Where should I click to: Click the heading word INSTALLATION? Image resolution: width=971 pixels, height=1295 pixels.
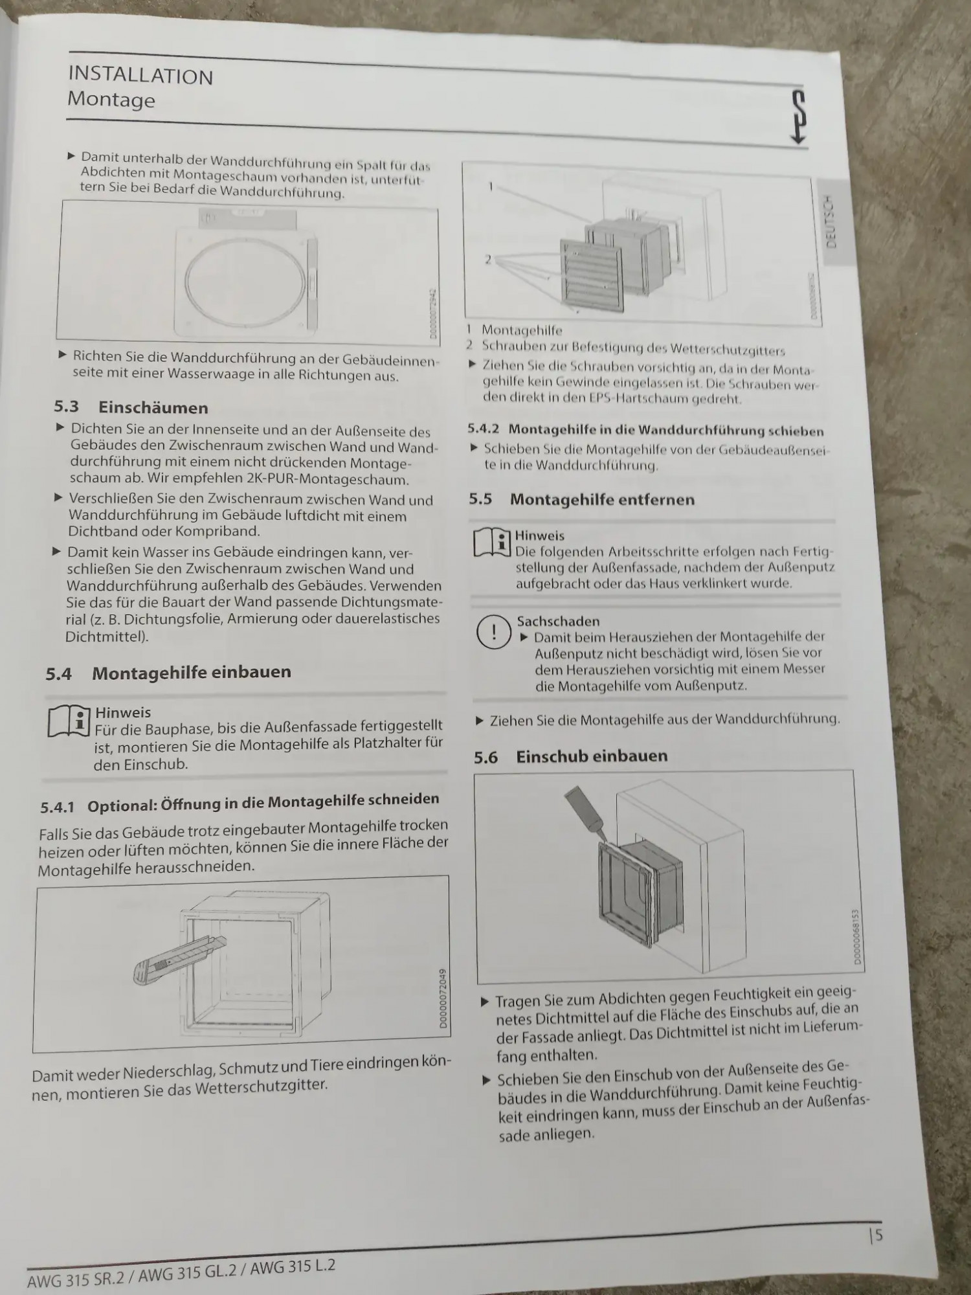140,75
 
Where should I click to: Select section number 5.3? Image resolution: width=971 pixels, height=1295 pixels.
67,406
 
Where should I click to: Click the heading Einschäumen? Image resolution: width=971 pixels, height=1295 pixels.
153,407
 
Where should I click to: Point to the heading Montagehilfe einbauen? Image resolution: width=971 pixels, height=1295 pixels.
192,672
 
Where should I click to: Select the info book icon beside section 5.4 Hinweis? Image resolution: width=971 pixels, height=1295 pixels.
69,721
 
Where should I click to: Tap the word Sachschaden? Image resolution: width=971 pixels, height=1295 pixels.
558,621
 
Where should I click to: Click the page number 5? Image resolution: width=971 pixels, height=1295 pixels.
878,1235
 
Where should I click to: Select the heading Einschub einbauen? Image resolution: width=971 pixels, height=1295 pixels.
592,756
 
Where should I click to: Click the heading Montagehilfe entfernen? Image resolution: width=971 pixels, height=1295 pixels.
602,499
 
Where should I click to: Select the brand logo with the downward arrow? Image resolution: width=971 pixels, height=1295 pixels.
798,117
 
